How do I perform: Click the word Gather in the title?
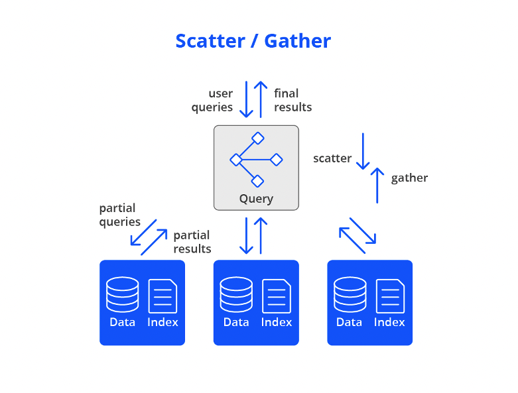coord(298,41)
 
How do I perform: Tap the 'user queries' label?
coord(212,100)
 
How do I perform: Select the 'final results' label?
coord(292,100)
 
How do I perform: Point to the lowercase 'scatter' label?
coord(332,158)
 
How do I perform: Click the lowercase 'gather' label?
coord(409,178)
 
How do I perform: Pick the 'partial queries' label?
coord(119,215)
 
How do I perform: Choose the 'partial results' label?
coord(192,242)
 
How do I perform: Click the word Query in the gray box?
coord(256,198)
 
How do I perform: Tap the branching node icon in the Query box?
coord(256,160)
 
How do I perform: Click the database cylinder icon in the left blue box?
coord(123,294)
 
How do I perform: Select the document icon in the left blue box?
coord(163,296)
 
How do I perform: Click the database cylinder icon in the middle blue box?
coord(236,294)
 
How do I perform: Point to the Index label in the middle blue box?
coord(277,322)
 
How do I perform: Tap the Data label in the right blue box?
coord(349,322)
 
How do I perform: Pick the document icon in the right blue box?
coord(390,296)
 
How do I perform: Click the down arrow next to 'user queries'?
coord(247,99)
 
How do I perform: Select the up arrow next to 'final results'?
coord(261,99)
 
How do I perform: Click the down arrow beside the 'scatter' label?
coord(363,151)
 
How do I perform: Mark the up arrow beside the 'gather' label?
coord(377,185)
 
